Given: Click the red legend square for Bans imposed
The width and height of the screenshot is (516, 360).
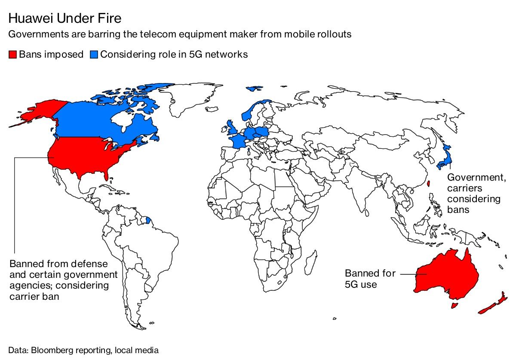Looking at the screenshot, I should (x=13, y=55).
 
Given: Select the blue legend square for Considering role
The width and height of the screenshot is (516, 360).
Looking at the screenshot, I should (x=94, y=55).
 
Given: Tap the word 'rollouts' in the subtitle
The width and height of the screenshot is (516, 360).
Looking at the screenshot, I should (x=334, y=34).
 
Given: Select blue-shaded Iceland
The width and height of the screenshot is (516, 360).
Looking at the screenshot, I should (x=255, y=89).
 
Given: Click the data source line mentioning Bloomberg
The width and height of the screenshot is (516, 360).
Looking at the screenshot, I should (x=83, y=350).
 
